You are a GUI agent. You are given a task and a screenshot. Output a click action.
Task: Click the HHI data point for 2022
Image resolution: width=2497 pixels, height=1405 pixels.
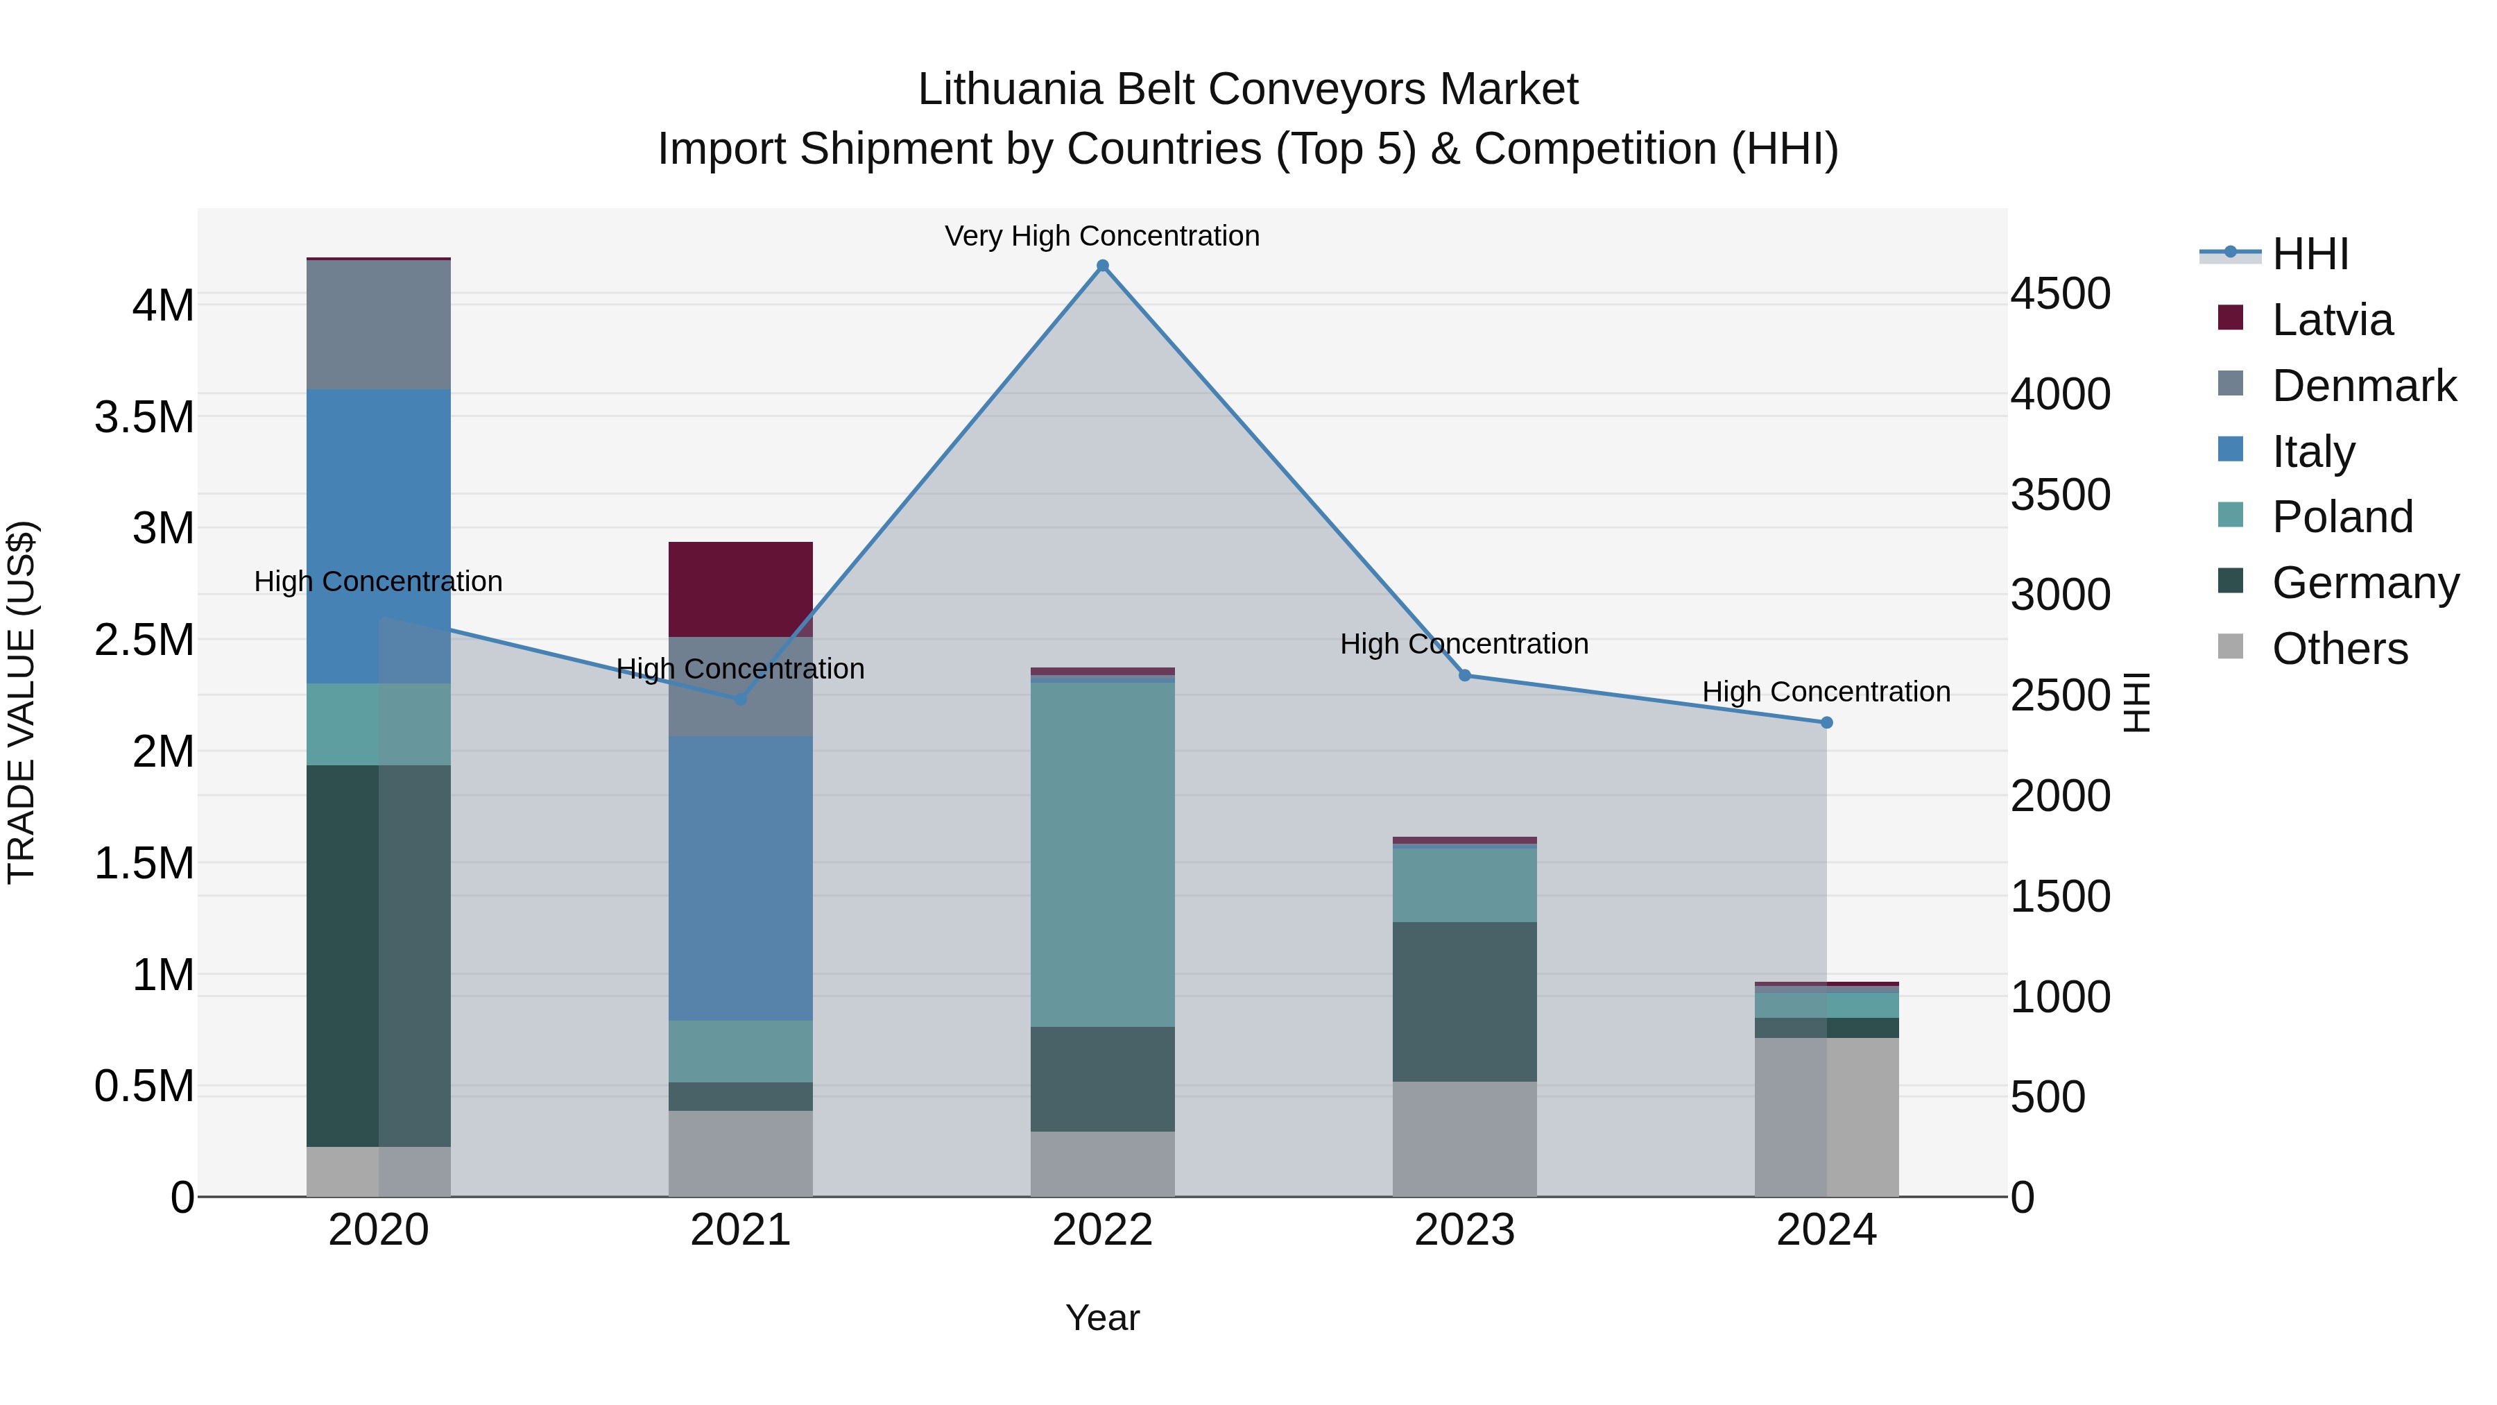pyautogui.click(x=1102, y=266)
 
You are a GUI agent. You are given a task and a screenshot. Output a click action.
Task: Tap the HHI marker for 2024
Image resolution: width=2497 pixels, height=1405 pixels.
pyautogui.click(x=1826, y=722)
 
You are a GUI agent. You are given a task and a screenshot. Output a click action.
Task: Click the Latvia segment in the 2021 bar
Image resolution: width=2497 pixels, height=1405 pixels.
pyautogui.click(x=741, y=588)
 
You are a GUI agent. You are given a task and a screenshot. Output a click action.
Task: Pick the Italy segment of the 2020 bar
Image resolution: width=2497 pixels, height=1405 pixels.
pyautogui.click(x=378, y=536)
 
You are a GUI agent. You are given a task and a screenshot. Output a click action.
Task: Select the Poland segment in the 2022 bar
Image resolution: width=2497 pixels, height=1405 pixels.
pyautogui.click(x=1102, y=854)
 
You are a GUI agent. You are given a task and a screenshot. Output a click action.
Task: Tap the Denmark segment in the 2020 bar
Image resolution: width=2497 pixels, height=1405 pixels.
pyautogui.click(x=378, y=325)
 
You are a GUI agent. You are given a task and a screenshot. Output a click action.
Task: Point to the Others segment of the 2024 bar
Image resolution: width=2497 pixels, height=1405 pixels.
pyautogui.click(x=1826, y=1117)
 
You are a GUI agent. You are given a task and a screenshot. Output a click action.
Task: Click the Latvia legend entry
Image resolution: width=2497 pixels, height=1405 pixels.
pyautogui.click(x=2332, y=320)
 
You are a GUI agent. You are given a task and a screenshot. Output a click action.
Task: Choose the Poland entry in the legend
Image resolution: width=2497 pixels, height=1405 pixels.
pyautogui.click(x=2342, y=517)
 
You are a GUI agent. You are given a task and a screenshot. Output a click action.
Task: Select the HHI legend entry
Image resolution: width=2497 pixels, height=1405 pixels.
pyautogui.click(x=2310, y=254)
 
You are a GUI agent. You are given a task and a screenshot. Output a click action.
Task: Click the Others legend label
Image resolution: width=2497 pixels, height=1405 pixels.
pyautogui.click(x=2339, y=649)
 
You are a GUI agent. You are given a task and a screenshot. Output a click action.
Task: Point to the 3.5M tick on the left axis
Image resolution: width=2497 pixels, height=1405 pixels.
pyautogui.click(x=144, y=417)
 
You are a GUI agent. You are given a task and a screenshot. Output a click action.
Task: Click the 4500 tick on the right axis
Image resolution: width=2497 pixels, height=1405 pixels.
pyautogui.click(x=2060, y=293)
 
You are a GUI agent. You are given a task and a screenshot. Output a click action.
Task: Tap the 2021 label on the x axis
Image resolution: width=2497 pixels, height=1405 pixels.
pyautogui.click(x=741, y=1230)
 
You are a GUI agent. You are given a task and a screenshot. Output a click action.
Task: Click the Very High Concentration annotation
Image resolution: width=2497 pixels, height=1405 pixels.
pyautogui.click(x=1102, y=236)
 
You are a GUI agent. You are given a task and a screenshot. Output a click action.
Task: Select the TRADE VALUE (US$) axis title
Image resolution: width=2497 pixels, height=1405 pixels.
pyautogui.click(x=22, y=702)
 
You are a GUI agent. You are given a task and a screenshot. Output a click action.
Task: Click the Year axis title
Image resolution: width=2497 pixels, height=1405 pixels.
pyautogui.click(x=1102, y=1318)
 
